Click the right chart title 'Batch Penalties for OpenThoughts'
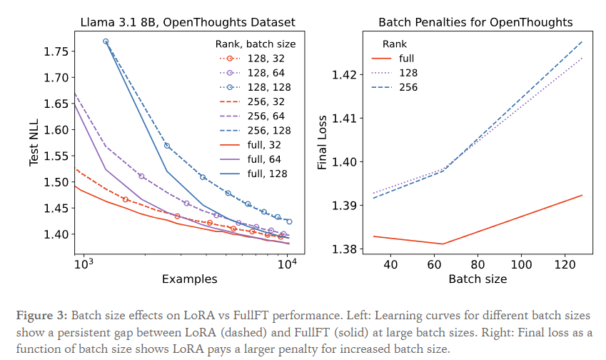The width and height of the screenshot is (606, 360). point(475,22)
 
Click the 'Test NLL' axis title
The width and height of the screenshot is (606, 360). point(34,143)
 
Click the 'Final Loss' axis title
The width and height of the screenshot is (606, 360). point(323,143)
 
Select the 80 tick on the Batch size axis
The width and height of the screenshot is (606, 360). point(478,265)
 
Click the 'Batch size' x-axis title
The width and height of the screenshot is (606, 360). point(478,279)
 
